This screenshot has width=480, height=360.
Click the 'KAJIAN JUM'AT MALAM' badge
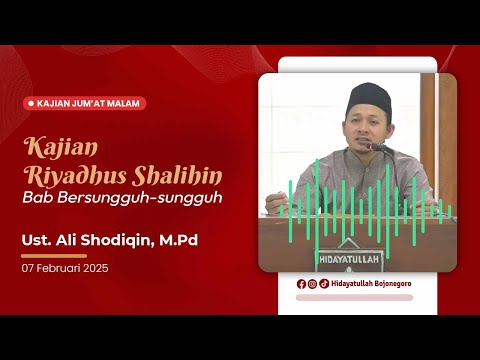pyautogui.click(x=86, y=103)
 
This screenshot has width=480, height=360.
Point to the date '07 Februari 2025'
pyautogui.click(x=65, y=268)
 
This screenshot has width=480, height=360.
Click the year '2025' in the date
pyautogui.click(x=96, y=268)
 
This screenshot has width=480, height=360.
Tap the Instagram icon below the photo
pyautogui.click(x=313, y=284)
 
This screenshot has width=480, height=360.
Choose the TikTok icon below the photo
pyautogui.click(x=324, y=284)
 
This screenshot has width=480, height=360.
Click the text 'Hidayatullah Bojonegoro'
pyautogui.click(x=371, y=284)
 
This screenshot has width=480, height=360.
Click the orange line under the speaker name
pyautogui.click(x=54, y=255)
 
